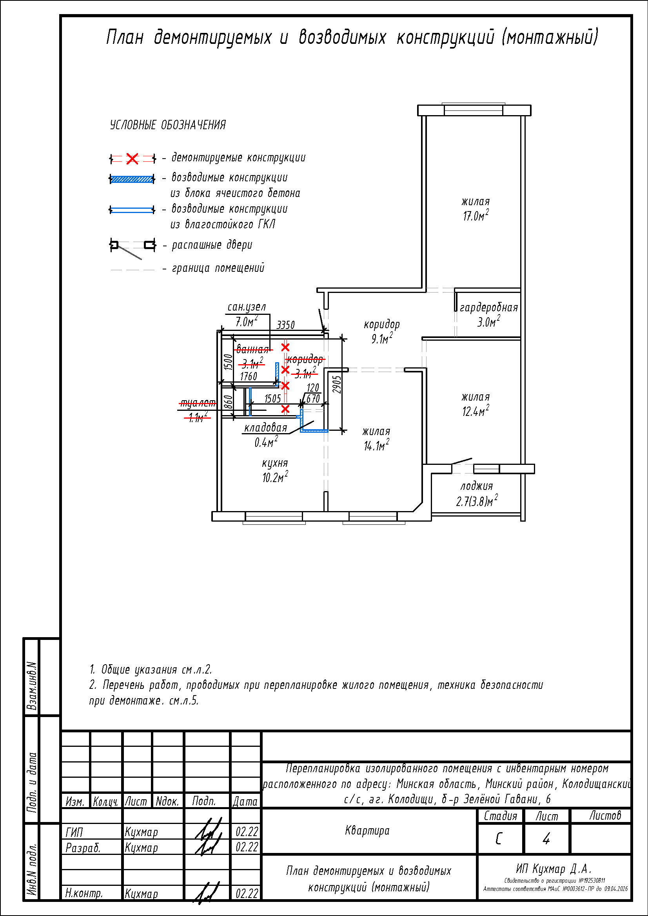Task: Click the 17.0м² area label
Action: click(x=476, y=216)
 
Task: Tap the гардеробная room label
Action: click(x=489, y=307)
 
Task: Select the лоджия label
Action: click(x=477, y=486)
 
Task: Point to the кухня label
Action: click(x=275, y=463)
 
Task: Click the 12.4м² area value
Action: click(x=476, y=411)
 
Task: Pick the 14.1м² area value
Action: click(x=376, y=446)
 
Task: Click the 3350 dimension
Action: click(x=285, y=325)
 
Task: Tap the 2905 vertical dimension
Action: click(x=338, y=385)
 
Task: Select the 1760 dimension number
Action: click(x=248, y=376)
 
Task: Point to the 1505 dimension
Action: click(x=272, y=399)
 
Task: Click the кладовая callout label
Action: click(x=265, y=428)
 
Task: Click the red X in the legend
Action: click(x=132, y=159)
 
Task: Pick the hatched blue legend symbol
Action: click(x=132, y=179)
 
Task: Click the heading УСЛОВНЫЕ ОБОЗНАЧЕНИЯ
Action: click(x=168, y=125)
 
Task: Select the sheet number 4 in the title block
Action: click(x=546, y=838)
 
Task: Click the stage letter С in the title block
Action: click(x=498, y=839)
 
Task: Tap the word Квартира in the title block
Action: click(x=367, y=831)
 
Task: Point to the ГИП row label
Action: click(x=74, y=832)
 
